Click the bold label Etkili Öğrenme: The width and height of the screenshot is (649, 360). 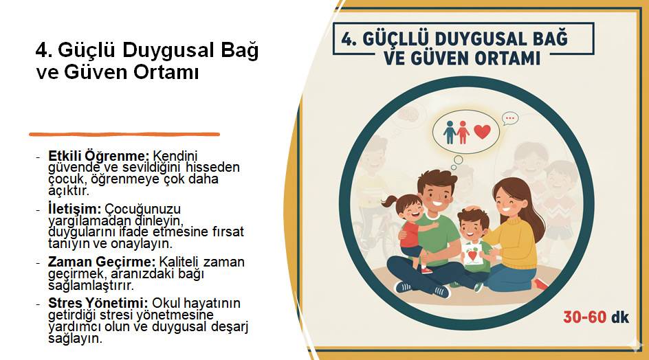click(98, 156)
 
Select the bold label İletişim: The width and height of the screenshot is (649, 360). click(74, 207)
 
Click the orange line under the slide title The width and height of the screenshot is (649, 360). click(124, 134)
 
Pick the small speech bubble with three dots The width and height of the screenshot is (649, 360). click(509, 119)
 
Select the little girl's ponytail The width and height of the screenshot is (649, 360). click(389, 201)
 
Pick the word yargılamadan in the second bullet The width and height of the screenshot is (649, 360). click(86, 220)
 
